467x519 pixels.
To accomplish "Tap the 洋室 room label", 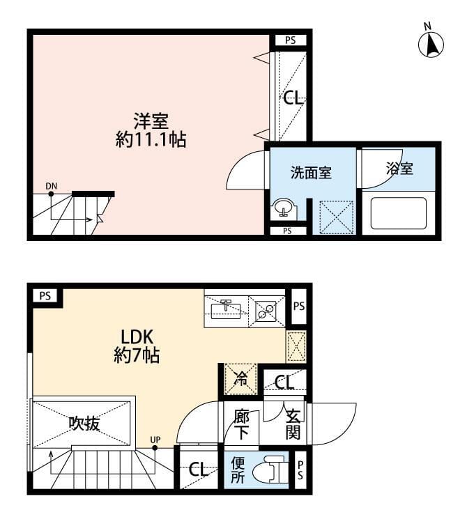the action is pyautogui.click(x=151, y=121).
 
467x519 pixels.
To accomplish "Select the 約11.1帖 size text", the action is pyautogui.click(x=151, y=139).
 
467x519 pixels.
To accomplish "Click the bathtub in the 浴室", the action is pyautogui.click(x=398, y=213).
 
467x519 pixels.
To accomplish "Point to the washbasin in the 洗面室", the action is pyautogui.click(x=282, y=208).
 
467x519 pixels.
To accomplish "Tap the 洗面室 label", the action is pyautogui.click(x=311, y=173).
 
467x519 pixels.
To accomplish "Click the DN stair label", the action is pyautogui.click(x=52, y=186).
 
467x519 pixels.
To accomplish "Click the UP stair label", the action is pyautogui.click(x=155, y=440).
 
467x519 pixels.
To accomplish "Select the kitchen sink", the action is pyautogui.click(x=226, y=310).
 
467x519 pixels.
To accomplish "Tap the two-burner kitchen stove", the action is pyautogui.click(x=267, y=311).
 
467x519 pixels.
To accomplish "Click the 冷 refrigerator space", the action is pyautogui.click(x=240, y=379).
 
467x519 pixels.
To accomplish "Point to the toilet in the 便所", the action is pyautogui.click(x=268, y=469).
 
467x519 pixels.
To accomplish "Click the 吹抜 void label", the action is pyautogui.click(x=84, y=424).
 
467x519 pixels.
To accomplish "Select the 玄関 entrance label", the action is pyautogui.click(x=293, y=425).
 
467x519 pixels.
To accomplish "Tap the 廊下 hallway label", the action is pyautogui.click(x=241, y=425).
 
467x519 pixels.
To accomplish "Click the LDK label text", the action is pyautogui.click(x=137, y=337).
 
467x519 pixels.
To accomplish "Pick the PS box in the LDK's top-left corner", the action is pyautogui.click(x=45, y=295).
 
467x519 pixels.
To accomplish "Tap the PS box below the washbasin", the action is pyautogui.click(x=287, y=231).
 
